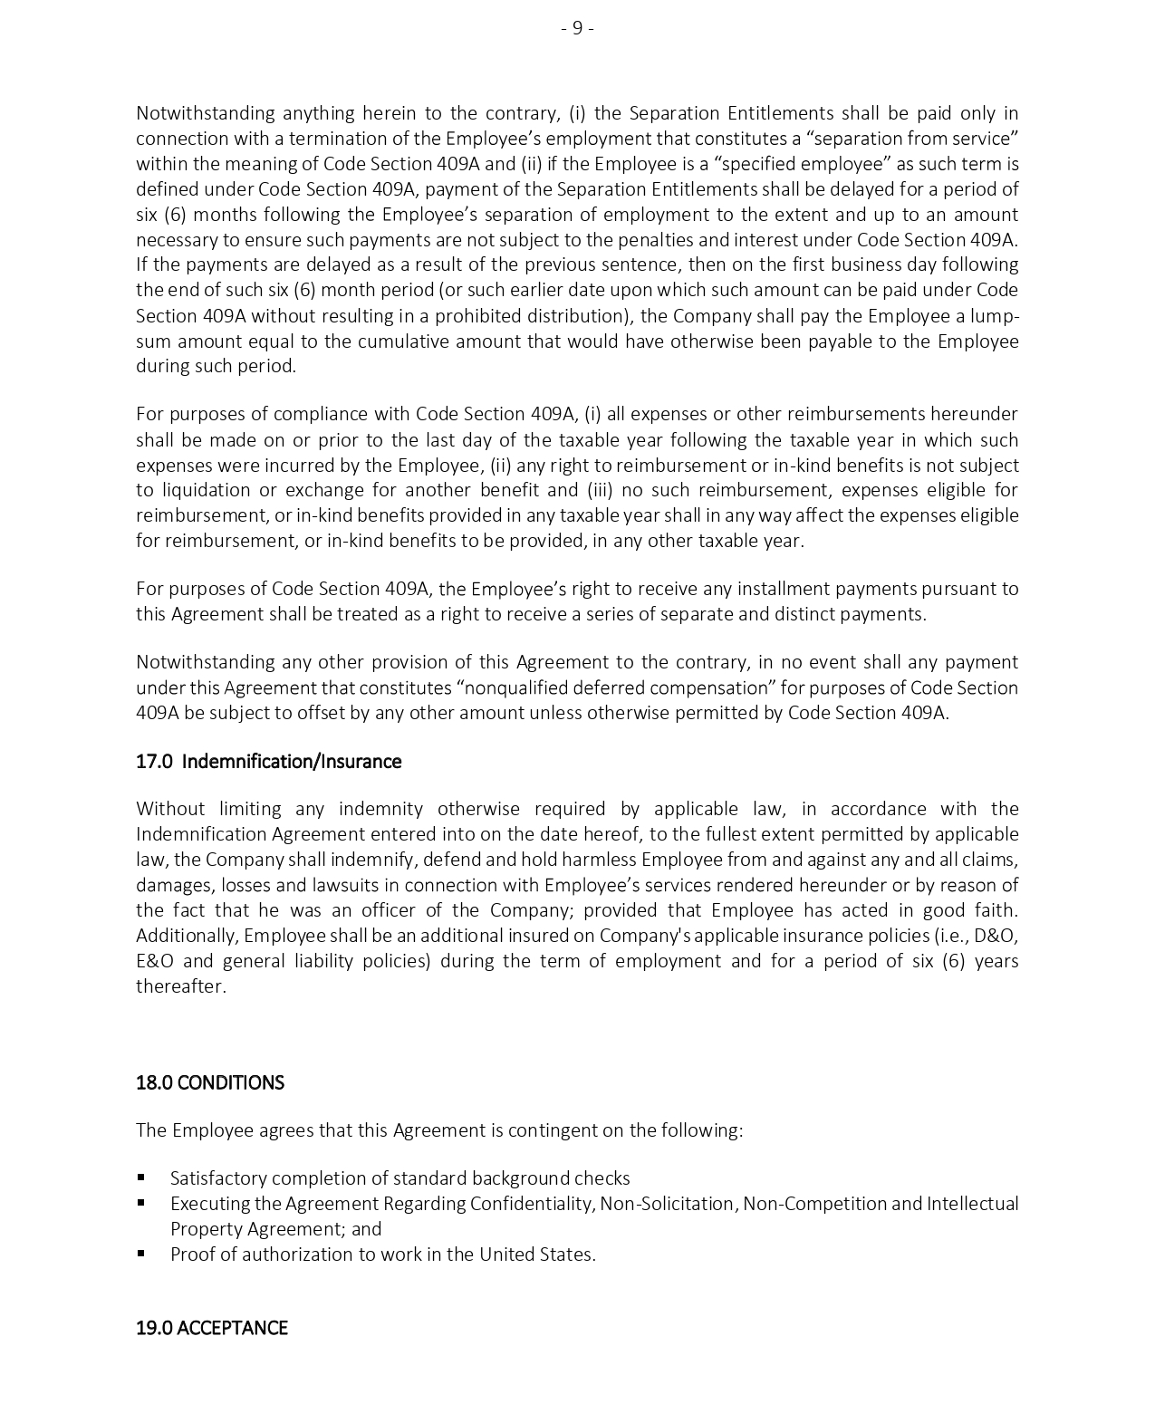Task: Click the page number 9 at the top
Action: coord(577,28)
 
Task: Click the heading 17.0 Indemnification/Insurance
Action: coord(268,761)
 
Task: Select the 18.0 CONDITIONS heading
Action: coord(209,1082)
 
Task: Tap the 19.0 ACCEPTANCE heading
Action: coord(211,1327)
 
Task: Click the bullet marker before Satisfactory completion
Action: coord(141,1177)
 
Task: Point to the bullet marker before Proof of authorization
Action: coord(141,1254)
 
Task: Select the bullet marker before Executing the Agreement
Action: coord(141,1203)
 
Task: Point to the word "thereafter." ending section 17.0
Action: coord(181,985)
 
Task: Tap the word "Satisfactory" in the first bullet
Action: coord(218,1177)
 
